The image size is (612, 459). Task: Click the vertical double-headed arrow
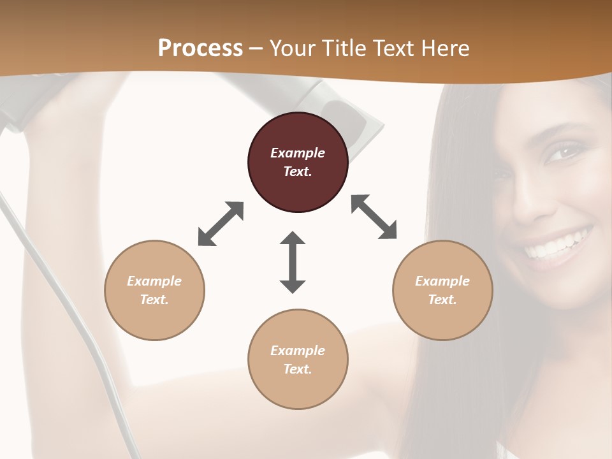293,262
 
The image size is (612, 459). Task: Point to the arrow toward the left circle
221,224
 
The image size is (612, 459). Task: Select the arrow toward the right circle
374,217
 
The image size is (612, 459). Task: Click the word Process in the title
200,48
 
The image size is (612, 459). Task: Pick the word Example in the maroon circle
298,153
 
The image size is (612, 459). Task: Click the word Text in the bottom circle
298,369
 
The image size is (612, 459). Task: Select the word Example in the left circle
154,281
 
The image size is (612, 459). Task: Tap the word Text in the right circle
442,300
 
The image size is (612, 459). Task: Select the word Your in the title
289,48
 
